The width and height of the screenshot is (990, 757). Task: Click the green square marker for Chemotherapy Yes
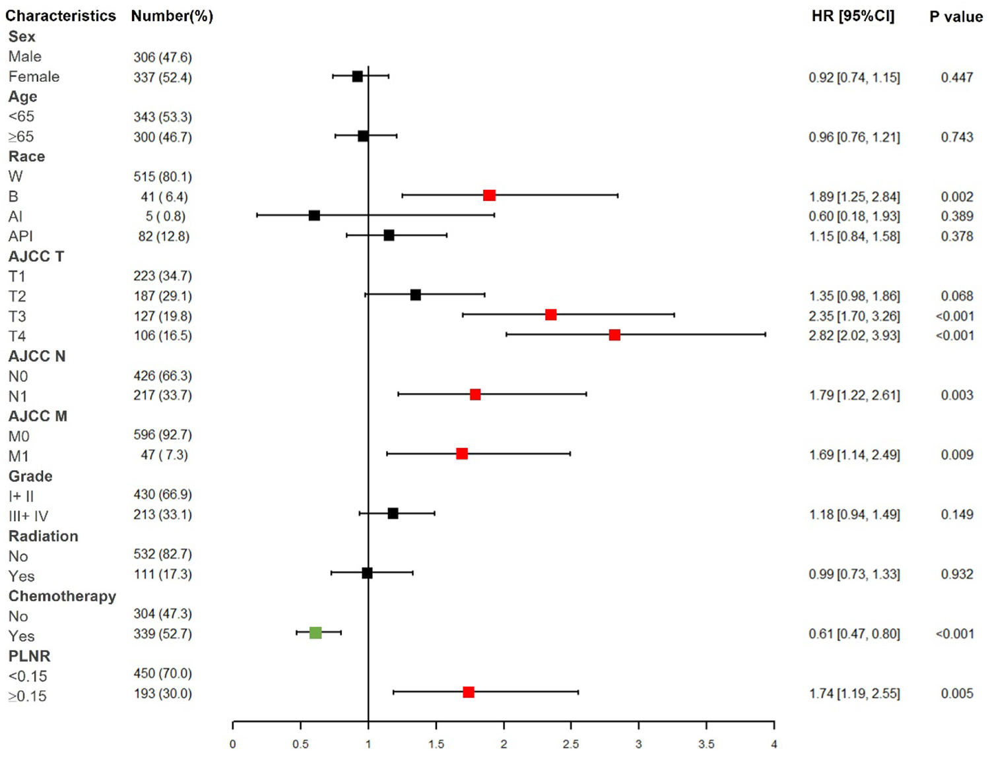(315, 633)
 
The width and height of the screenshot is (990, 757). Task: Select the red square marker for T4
(614, 335)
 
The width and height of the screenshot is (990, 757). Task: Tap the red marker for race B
(489, 195)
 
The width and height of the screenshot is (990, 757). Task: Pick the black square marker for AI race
(314, 216)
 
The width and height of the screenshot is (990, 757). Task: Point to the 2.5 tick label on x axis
(571, 744)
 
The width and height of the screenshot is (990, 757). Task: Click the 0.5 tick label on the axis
(300, 744)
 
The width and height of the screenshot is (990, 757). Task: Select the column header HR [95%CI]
(853, 16)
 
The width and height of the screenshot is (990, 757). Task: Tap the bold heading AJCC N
(37, 357)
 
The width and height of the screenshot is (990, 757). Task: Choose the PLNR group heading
(29, 656)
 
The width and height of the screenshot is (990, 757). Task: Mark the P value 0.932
(957, 574)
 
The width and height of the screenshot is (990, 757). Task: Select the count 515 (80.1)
(162, 177)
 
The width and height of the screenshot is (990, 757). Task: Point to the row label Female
(34, 77)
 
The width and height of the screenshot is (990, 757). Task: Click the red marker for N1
(475, 395)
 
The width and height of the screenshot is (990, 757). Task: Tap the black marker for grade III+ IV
(393, 514)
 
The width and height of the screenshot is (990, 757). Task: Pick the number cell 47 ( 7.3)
(164, 455)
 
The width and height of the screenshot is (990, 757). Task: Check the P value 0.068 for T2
(957, 296)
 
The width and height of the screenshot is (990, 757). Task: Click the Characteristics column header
(61, 16)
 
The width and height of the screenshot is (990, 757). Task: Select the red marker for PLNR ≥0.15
(469, 692)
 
